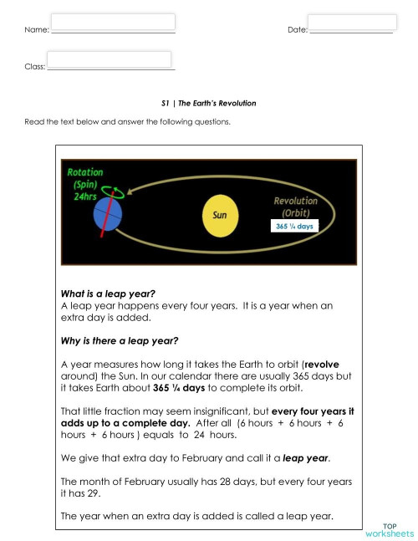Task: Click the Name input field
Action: (x=113, y=22)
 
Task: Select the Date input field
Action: (x=352, y=23)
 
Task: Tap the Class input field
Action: (x=111, y=59)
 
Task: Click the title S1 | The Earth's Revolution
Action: (x=208, y=104)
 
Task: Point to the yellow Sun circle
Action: (x=220, y=214)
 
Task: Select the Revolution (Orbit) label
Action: (x=295, y=207)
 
